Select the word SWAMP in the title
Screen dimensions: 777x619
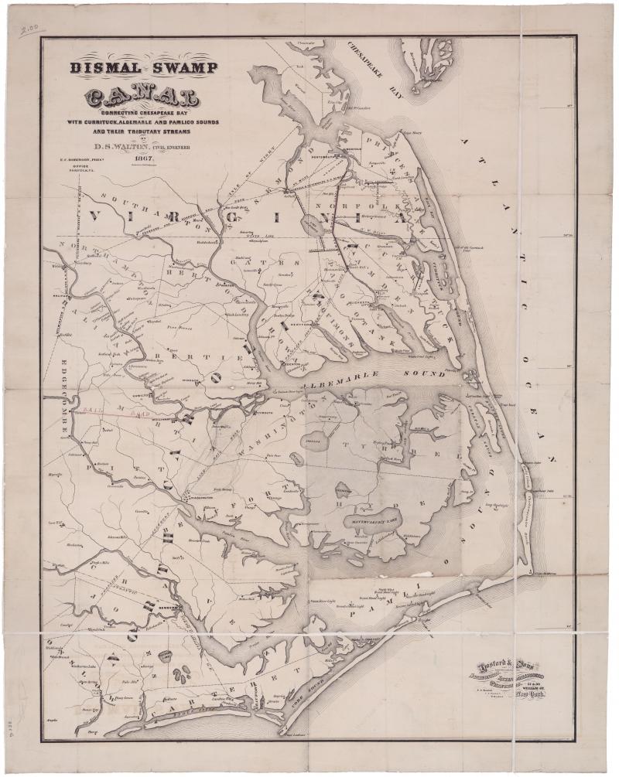pos(180,68)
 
